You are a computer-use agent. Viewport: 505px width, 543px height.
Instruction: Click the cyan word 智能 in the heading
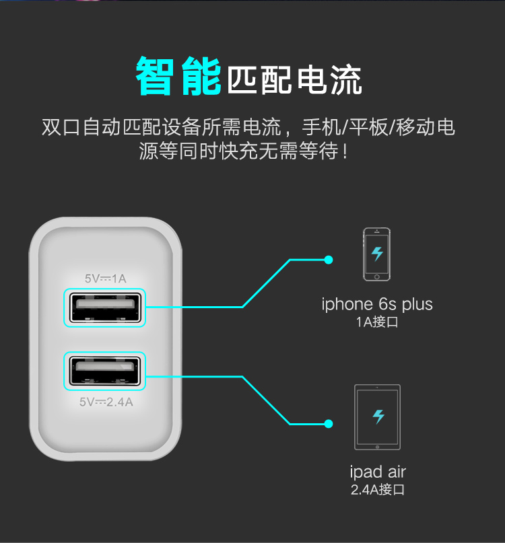(178, 76)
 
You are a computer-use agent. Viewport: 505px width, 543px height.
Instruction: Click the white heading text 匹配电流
(295, 79)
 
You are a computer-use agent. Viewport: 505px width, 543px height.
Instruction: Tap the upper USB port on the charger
(105, 307)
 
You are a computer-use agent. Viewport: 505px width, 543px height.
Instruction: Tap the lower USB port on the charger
(105, 371)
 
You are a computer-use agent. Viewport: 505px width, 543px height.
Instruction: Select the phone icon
(377, 254)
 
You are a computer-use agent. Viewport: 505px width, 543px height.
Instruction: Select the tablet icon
(378, 417)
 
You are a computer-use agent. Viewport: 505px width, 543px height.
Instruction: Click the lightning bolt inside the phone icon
(378, 254)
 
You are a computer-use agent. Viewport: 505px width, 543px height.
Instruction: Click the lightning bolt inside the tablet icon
(378, 416)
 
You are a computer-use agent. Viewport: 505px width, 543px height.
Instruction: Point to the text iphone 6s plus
(377, 304)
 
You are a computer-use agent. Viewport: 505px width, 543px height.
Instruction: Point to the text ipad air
(378, 471)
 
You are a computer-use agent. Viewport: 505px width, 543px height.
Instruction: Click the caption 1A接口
(377, 322)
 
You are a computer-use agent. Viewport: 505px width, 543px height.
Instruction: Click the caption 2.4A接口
(378, 490)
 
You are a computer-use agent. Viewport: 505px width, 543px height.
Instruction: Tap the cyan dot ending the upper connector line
(329, 259)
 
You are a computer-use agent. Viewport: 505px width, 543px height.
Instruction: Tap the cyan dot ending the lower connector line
(329, 424)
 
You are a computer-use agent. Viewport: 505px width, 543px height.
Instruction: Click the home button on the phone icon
(377, 276)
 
